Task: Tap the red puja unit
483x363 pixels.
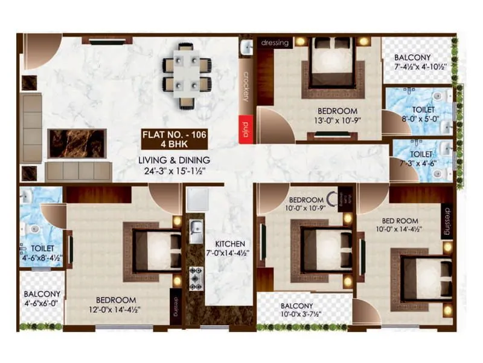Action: coord(245,129)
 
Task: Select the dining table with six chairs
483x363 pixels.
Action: coord(187,73)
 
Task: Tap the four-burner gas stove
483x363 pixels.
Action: coord(196,277)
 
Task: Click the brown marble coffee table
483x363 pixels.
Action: coord(77,143)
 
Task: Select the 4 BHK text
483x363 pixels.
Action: coord(175,145)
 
